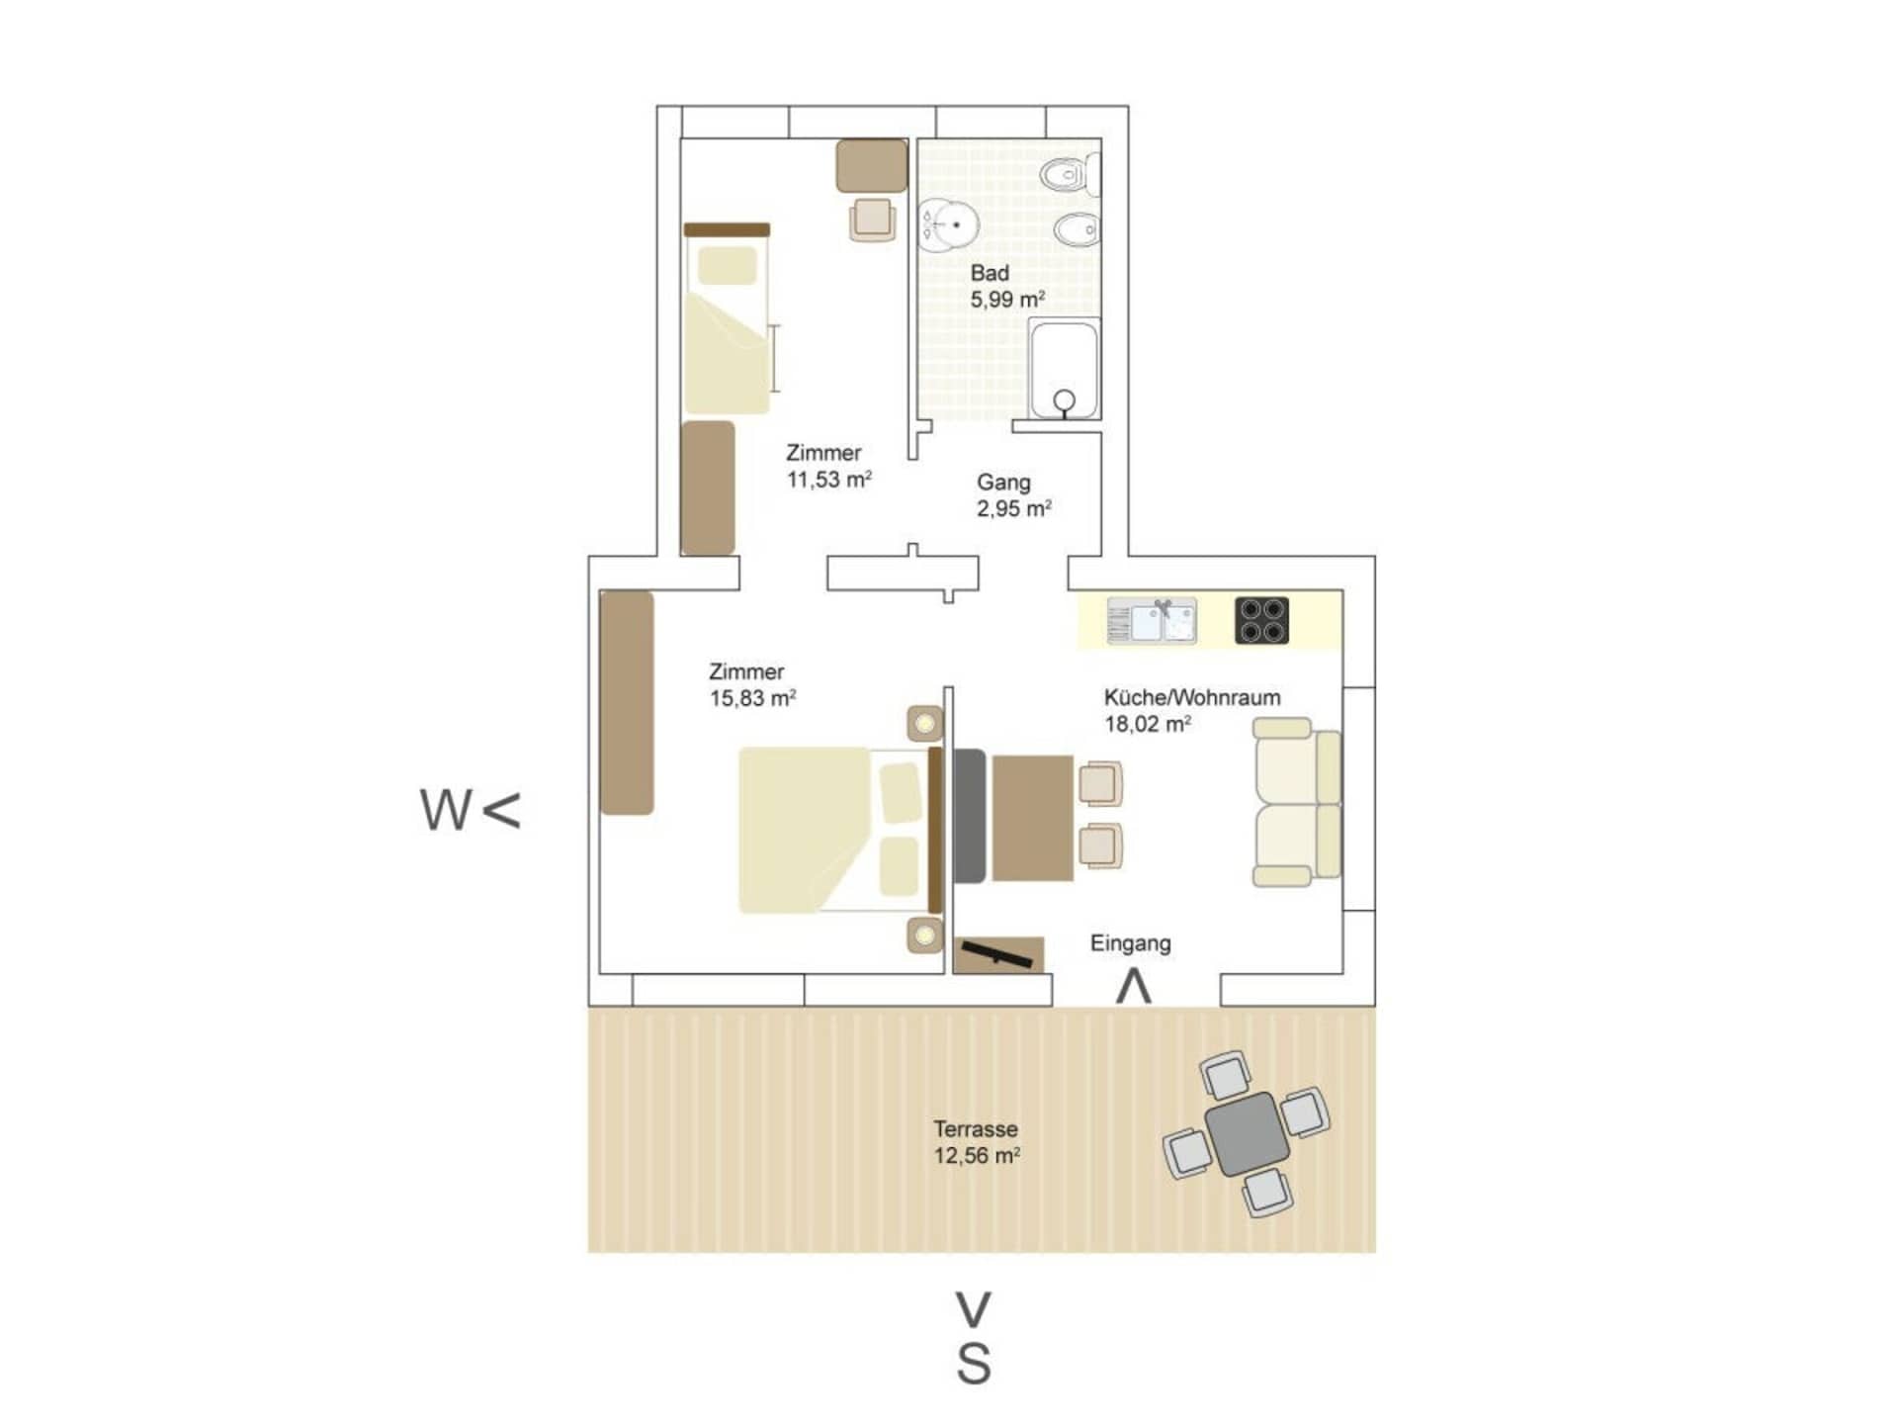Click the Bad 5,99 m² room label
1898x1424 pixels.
[x=1007, y=286]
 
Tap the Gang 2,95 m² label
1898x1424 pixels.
[x=1014, y=495]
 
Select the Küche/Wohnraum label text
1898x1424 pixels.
[x=1192, y=697]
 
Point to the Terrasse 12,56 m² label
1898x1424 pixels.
[x=977, y=1142]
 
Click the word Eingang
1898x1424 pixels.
[x=1130, y=943]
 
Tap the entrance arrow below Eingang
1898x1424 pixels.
[x=1134, y=987]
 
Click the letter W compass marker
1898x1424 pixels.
[x=446, y=810]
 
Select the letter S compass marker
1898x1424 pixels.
[x=974, y=1365]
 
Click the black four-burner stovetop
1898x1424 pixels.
[x=1261, y=621]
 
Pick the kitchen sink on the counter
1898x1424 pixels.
[x=1152, y=621]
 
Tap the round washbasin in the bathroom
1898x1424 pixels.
[x=949, y=224]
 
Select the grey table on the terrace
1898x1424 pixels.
[x=1247, y=1134]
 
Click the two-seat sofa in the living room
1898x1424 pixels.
[x=1297, y=802]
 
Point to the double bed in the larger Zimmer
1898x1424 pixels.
[x=840, y=829]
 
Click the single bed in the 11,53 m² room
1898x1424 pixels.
[x=727, y=318]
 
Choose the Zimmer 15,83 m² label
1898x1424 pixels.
[x=752, y=684]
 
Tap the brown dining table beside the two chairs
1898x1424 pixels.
[x=1032, y=818]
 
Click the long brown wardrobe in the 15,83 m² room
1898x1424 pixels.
[x=627, y=703]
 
